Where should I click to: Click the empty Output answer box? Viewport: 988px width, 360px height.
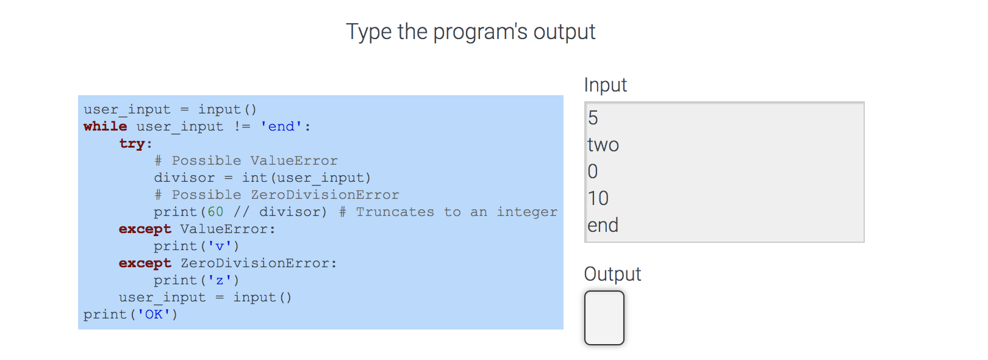(x=604, y=318)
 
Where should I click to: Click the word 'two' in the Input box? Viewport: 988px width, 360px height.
(x=603, y=145)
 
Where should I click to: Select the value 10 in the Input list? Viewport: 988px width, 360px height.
(x=598, y=199)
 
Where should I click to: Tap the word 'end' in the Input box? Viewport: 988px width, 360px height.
(x=603, y=226)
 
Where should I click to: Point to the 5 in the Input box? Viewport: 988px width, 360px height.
(x=593, y=118)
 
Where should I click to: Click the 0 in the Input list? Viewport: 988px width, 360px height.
(x=593, y=172)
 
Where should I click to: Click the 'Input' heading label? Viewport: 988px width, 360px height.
(x=605, y=85)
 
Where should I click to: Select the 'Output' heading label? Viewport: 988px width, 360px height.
(x=612, y=274)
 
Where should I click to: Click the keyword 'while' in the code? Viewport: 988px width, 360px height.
(x=106, y=126)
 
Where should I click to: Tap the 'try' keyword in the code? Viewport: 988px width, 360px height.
(x=132, y=143)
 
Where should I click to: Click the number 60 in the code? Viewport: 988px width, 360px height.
(x=215, y=212)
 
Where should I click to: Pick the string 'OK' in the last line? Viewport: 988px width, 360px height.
(x=154, y=314)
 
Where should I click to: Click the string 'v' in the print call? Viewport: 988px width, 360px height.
(x=220, y=246)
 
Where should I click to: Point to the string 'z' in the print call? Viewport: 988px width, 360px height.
(x=220, y=280)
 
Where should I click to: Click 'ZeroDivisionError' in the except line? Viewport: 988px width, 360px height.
(x=255, y=263)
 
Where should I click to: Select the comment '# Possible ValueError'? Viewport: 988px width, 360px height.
(x=246, y=160)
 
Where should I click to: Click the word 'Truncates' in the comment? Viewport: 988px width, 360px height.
(x=395, y=212)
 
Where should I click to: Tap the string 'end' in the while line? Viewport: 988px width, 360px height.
(x=281, y=126)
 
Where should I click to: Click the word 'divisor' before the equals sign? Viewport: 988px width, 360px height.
(x=184, y=178)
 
